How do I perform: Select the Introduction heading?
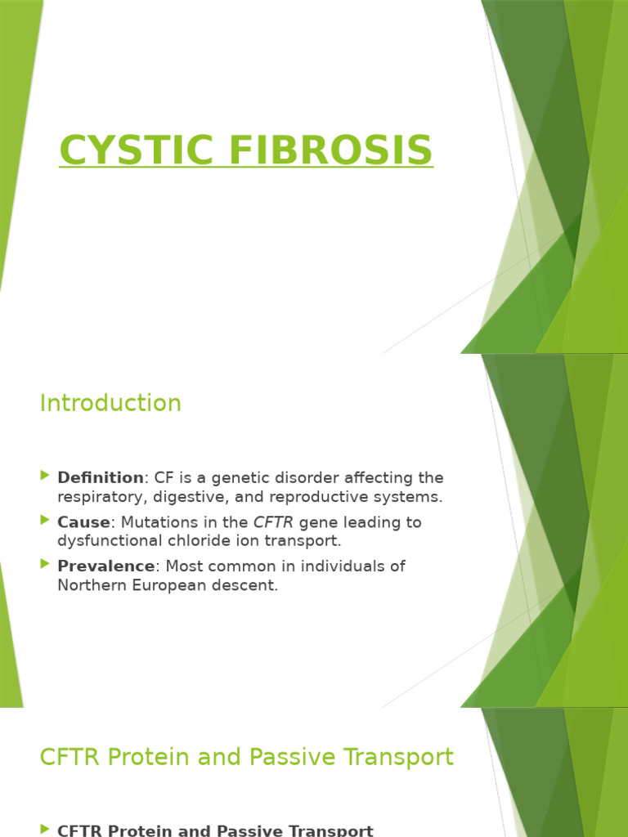110,403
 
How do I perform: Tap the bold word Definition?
101,477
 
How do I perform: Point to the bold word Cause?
83,521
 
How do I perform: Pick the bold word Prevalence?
105,566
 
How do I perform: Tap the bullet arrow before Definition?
44,477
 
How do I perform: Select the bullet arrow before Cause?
44,521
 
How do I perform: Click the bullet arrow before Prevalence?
44,565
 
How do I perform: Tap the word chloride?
222,541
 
